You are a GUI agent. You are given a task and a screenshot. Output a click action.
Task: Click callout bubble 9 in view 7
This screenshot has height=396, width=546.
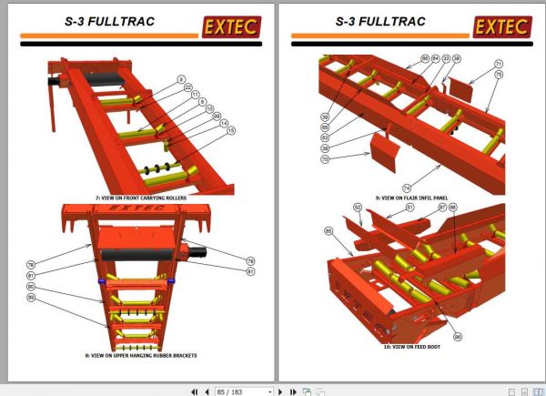181,79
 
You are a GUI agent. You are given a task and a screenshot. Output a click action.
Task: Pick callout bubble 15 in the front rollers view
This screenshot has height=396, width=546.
230,130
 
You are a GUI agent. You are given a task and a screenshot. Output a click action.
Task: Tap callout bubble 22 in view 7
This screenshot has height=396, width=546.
188,86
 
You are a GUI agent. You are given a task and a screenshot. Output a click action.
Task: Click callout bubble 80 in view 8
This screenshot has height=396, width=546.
31,287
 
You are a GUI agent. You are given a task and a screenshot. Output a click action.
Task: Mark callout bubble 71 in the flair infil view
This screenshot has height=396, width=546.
498,64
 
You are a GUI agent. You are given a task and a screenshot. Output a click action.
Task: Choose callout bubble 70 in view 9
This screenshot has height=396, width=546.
326,158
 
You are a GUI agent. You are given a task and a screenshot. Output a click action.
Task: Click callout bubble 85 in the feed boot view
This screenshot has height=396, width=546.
326,230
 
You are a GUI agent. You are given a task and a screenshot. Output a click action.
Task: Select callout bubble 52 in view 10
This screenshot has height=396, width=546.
359,208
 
